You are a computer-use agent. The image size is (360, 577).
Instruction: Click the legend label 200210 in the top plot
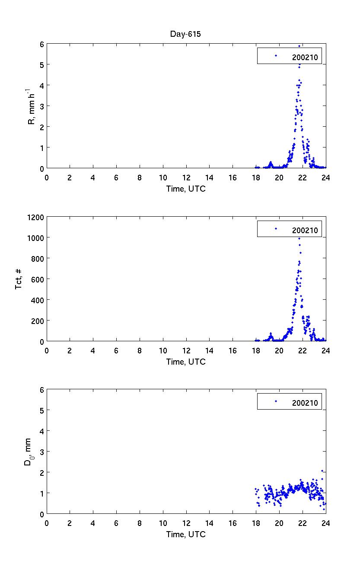coord(305,57)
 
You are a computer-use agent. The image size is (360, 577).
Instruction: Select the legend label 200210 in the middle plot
coord(305,230)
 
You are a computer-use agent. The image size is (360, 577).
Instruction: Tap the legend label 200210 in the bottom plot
coord(305,403)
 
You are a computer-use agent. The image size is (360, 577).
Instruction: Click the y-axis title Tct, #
coord(19,279)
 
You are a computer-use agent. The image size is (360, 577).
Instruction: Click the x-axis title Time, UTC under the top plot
coord(186,189)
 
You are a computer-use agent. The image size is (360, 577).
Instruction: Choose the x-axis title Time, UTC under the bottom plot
coord(186,534)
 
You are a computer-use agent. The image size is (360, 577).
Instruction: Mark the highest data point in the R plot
coord(299,46)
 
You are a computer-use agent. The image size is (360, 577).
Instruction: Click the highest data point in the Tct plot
coord(299,238)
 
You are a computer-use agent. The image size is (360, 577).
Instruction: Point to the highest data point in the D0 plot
coord(322,471)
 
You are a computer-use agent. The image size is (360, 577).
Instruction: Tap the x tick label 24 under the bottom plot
coord(326,523)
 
